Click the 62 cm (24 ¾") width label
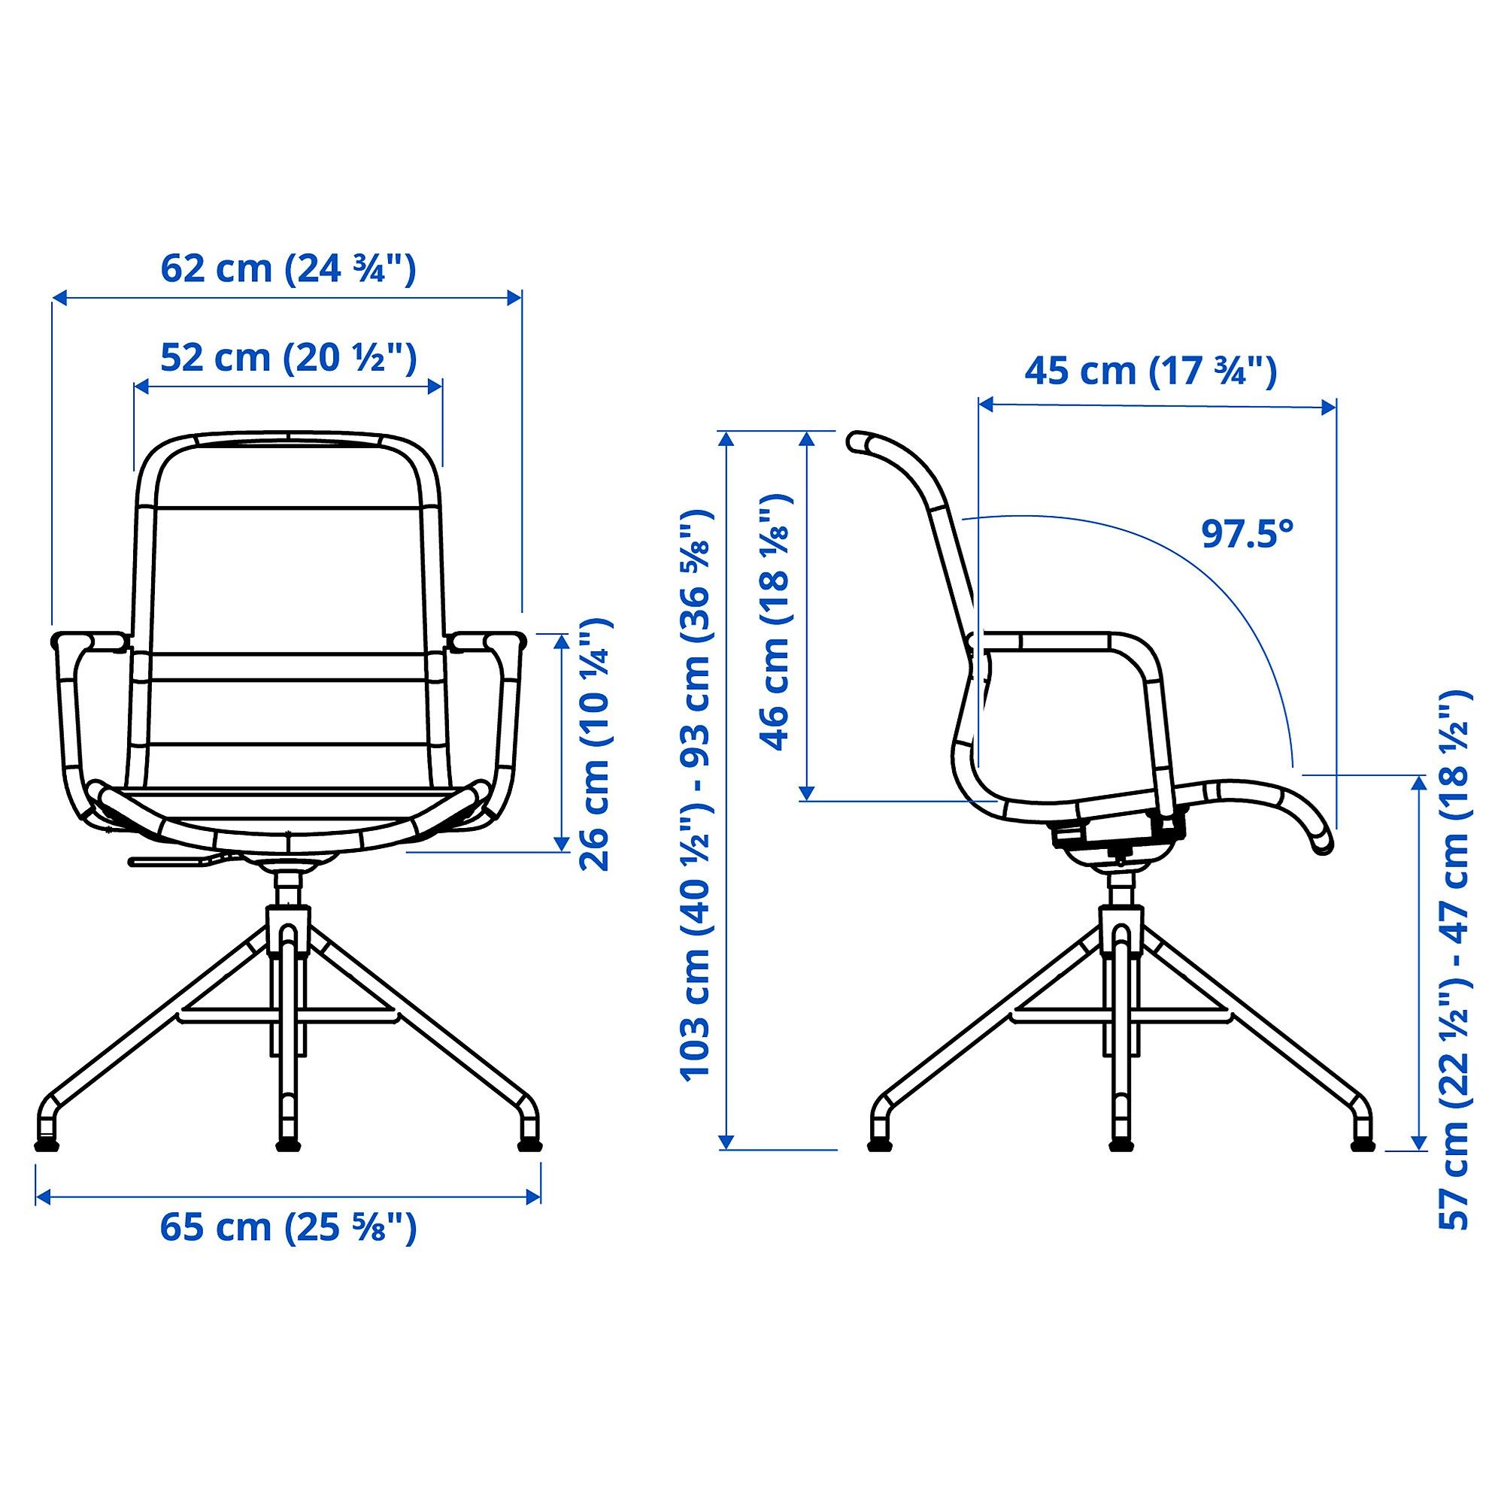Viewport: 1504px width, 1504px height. [x=288, y=269]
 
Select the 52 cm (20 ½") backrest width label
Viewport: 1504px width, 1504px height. [x=288, y=358]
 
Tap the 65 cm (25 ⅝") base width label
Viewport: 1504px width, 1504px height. [x=288, y=1228]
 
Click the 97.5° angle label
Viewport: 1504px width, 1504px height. [x=1247, y=533]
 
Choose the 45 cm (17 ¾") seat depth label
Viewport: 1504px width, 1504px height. [x=1151, y=371]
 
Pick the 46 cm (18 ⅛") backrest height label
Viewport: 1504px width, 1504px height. [x=775, y=621]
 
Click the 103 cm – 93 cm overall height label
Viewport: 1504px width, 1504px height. [x=696, y=795]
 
